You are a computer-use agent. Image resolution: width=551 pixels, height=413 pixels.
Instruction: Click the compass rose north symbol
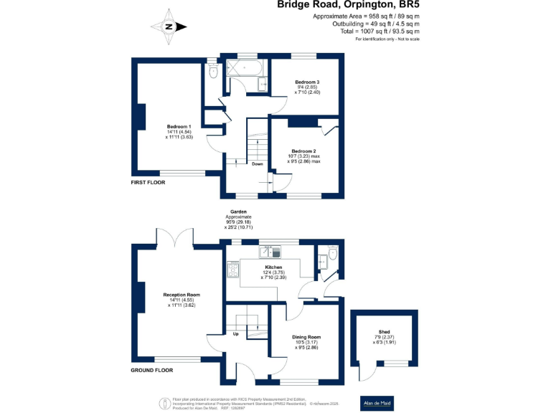click(169, 27)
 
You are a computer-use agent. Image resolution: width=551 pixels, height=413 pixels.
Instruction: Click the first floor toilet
click(212, 71)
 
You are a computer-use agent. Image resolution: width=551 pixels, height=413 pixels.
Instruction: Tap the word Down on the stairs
click(257, 164)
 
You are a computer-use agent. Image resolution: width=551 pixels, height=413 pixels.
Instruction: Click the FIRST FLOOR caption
click(148, 183)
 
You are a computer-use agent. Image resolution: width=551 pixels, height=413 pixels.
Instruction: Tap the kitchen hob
click(233, 269)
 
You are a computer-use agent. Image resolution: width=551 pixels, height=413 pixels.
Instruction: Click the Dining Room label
click(306, 341)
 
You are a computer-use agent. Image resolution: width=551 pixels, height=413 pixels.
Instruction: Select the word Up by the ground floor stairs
click(235, 334)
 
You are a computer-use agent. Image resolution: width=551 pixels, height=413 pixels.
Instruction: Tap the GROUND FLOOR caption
click(152, 371)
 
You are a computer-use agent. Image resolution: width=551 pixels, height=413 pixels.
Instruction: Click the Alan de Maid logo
click(377, 402)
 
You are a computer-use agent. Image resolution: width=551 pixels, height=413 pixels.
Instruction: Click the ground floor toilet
click(332, 255)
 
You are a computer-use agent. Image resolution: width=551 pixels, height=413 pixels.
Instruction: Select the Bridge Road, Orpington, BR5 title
click(349, 5)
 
